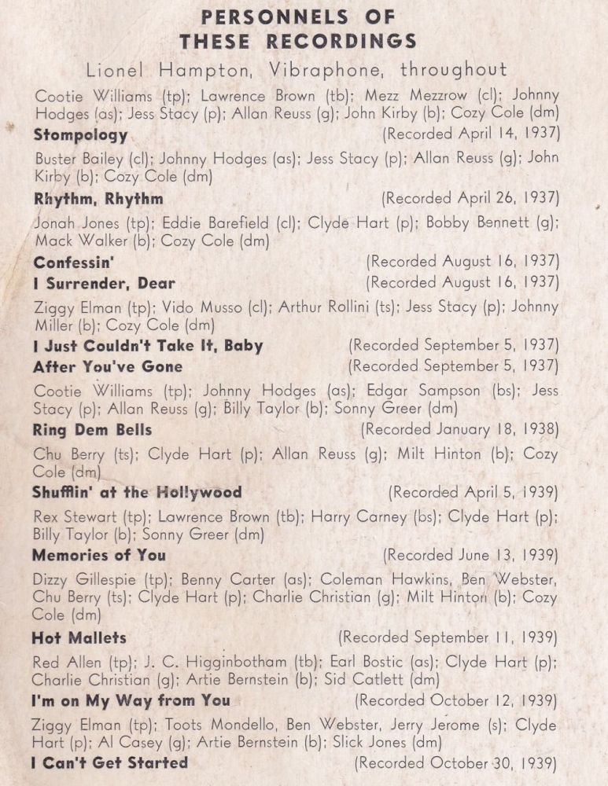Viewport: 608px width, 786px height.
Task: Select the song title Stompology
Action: (80, 134)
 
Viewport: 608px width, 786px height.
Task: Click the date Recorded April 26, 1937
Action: (470, 198)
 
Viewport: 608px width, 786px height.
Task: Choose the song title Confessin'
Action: (74, 262)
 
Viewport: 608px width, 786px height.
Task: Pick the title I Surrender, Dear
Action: (104, 283)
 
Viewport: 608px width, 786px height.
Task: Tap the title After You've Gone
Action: (108, 366)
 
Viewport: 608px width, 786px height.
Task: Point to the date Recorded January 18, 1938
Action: (460, 429)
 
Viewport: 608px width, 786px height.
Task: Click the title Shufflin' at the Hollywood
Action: (137, 493)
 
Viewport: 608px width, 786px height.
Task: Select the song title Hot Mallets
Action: (79, 637)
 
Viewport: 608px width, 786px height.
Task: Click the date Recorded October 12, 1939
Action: (457, 700)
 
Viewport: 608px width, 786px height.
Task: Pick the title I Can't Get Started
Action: (109, 763)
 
